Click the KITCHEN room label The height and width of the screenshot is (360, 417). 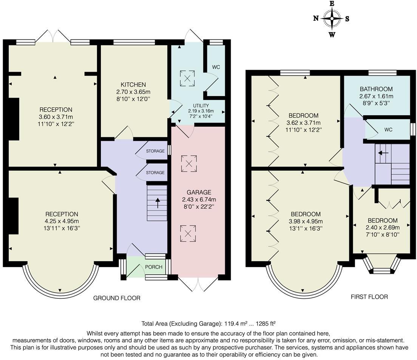[x=133, y=85]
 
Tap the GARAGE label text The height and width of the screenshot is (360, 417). [x=199, y=192]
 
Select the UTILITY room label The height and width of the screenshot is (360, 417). [x=201, y=106]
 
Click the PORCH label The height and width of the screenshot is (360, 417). [x=154, y=267]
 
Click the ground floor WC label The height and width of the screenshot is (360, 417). [x=216, y=67]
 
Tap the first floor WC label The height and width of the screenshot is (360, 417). [x=388, y=130]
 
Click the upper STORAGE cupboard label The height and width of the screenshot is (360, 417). [x=155, y=151]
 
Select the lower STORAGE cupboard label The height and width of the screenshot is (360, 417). [x=155, y=172]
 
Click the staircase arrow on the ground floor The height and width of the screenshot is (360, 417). [x=158, y=203]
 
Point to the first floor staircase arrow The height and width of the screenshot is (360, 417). [x=383, y=153]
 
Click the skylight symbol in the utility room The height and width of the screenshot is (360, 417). [x=187, y=78]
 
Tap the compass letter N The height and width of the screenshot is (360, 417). [x=316, y=19]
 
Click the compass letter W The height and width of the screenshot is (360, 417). [x=332, y=35]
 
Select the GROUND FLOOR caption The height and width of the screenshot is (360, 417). [x=117, y=298]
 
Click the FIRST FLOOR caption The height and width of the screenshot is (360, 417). [x=369, y=296]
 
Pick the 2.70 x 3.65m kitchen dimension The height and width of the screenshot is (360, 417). [x=133, y=92]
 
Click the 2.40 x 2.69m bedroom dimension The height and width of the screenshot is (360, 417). [x=383, y=227]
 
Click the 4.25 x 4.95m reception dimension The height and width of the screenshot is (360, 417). [x=62, y=221]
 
